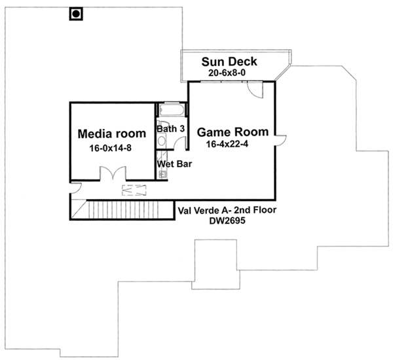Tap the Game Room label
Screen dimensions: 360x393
228,130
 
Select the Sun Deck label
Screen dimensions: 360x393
229,62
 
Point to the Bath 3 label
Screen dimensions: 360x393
170,128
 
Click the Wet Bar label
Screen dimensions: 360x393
174,163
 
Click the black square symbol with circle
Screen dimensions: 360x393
76,13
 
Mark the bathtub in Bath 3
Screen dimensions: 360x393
173,109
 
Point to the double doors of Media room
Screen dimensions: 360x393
111,173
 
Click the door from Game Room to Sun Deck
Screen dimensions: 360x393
255,90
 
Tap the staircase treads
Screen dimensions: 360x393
124,209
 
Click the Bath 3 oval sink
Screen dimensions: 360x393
162,141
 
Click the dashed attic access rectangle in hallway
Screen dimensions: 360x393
136,190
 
